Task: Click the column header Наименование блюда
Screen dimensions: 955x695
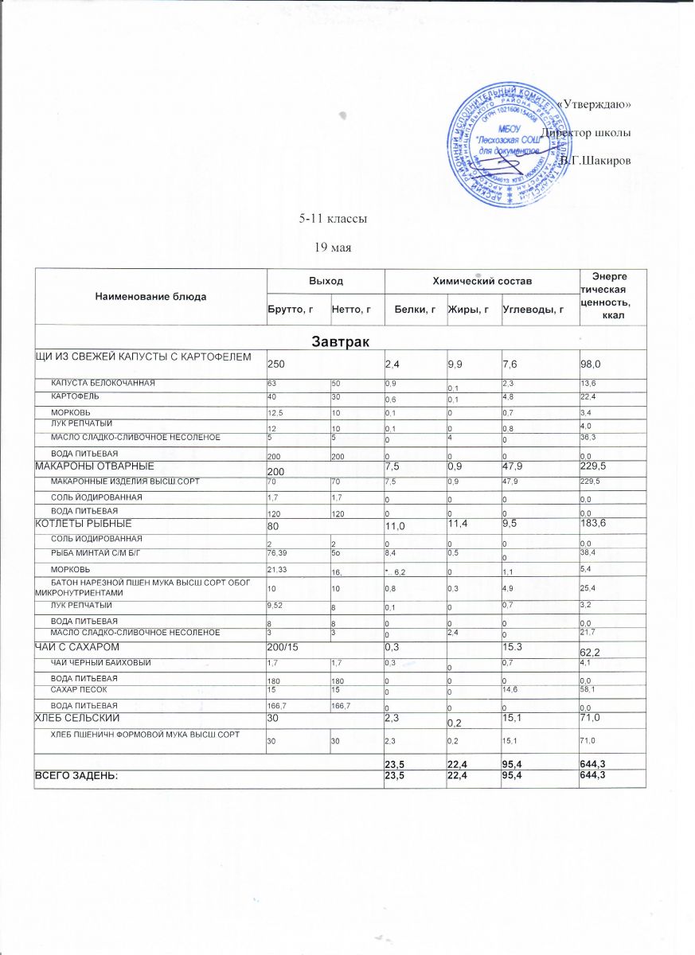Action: coord(150,296)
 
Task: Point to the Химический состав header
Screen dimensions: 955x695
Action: coord(482,282)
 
